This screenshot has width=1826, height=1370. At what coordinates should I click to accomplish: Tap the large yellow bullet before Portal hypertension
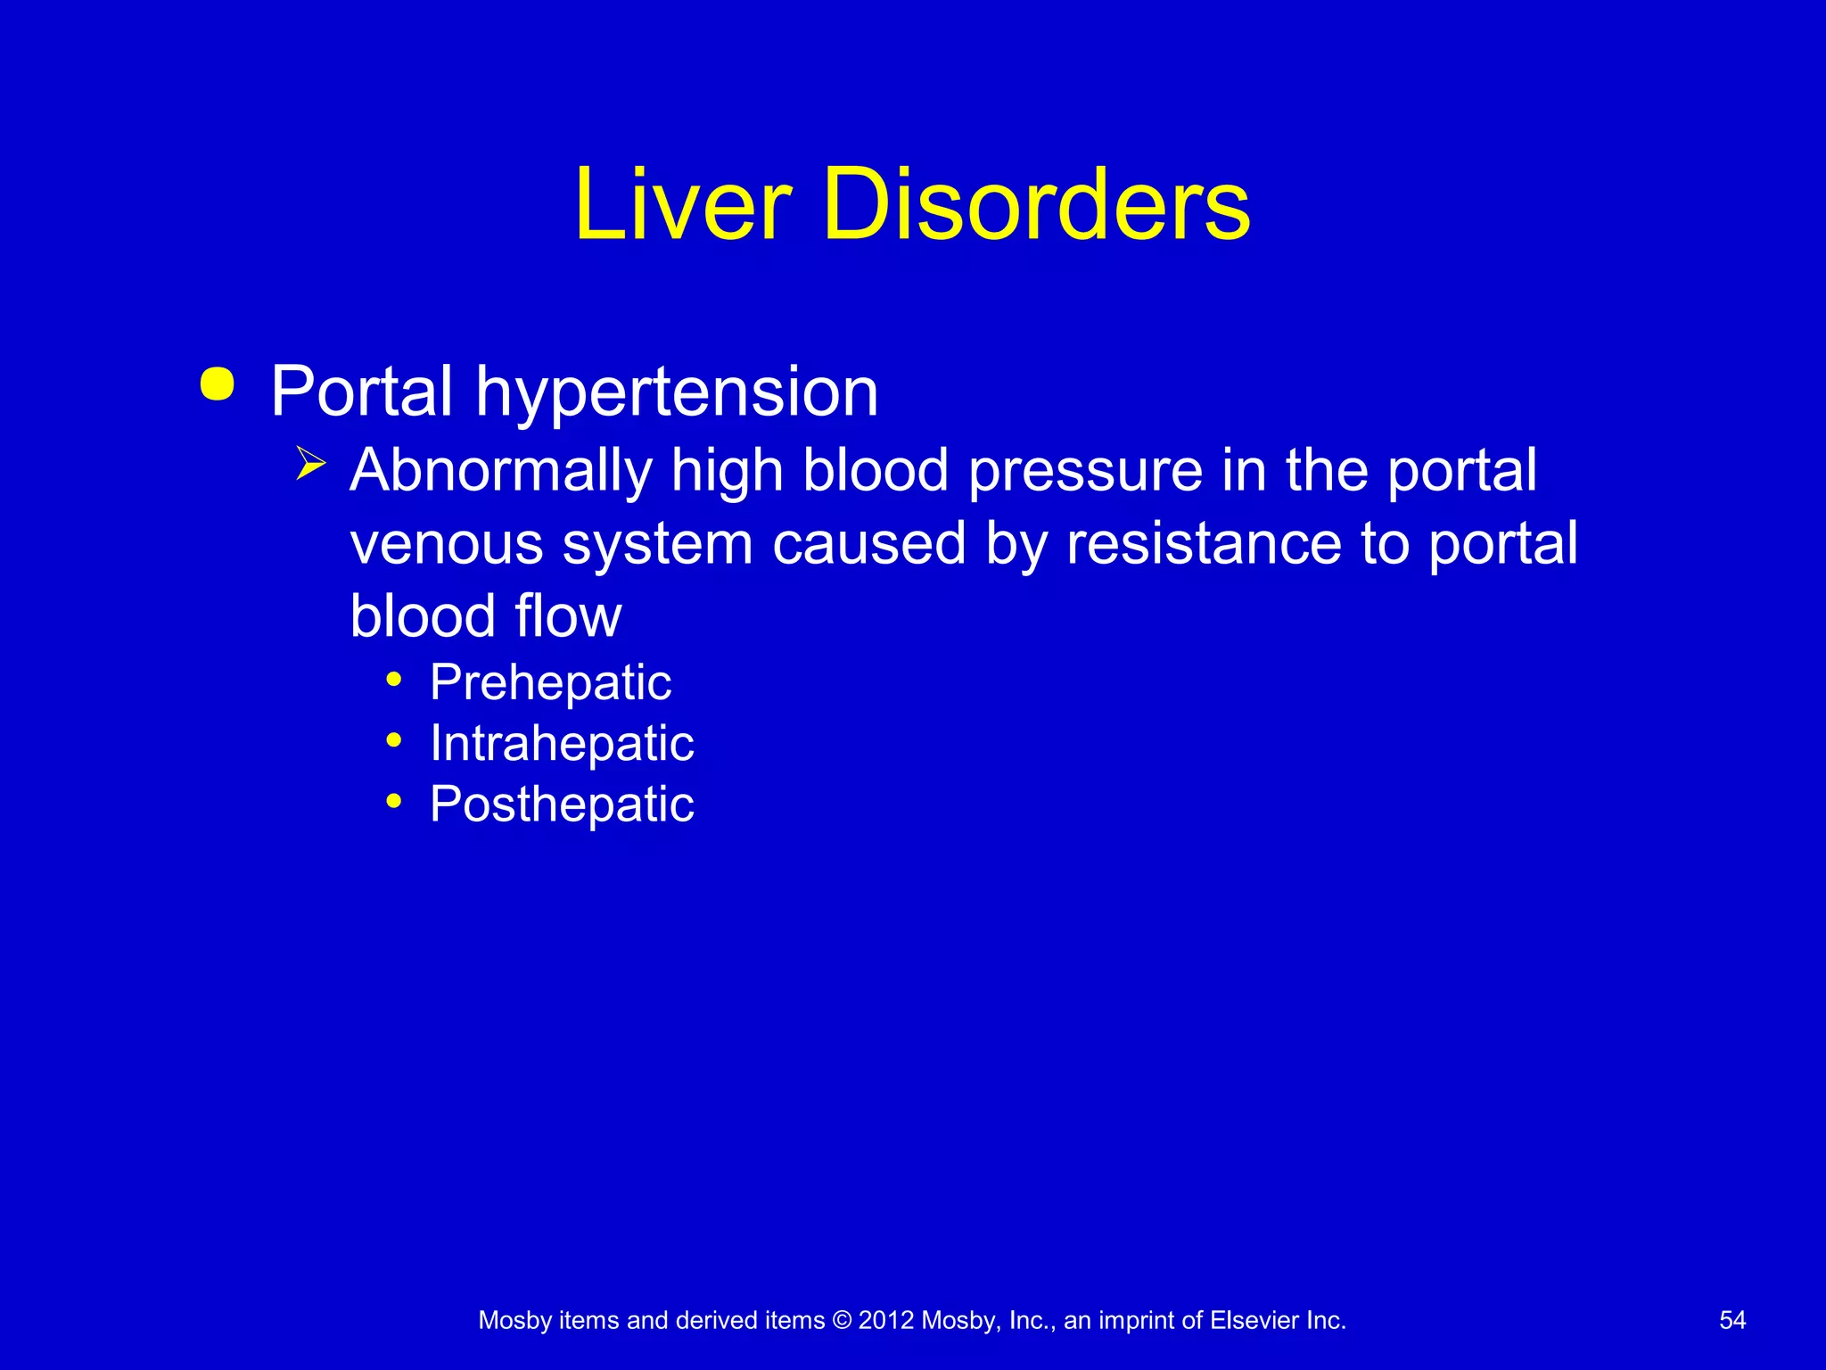(218, 384)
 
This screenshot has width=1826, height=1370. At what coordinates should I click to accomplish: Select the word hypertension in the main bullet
(677, 392)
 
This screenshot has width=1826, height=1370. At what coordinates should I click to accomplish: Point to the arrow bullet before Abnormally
(310, 464)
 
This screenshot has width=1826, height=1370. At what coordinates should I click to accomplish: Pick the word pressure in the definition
(1085, 471)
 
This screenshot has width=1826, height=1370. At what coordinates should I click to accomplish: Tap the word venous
(447, 544)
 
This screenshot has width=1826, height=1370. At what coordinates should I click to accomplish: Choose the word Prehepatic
(550, 683)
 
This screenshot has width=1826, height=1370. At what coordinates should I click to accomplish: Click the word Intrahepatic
(562, 744)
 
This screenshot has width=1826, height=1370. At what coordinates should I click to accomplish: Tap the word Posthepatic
(562, 805)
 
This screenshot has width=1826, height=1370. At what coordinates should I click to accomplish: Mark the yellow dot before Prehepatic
(394, 681)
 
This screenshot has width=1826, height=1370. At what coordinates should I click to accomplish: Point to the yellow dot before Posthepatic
(394, 802)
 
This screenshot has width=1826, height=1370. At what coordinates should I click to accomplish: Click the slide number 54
(1732, 1320)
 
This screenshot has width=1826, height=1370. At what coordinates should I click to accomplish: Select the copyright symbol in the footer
(842, 1320)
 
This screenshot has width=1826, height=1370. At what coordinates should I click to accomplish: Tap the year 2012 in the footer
(886, 1320)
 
